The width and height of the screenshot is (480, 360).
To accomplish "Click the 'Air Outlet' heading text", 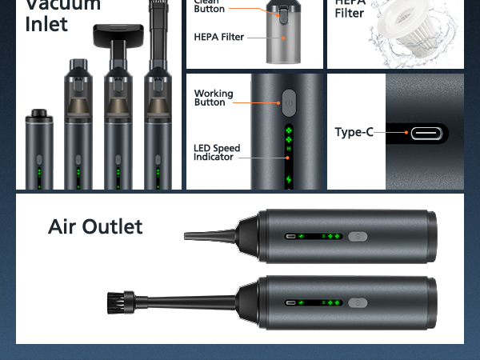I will click(x=95, y=226).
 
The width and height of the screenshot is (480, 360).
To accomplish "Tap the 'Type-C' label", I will click(x=354, y=132).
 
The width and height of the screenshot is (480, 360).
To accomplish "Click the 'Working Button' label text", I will click(x=214, y=98).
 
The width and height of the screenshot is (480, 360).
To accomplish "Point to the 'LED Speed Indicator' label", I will click(x=214, y=152).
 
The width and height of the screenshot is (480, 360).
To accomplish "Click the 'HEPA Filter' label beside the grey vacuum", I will click(x=218, y=37).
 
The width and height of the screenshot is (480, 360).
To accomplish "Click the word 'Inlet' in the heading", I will click(x=47, y=24).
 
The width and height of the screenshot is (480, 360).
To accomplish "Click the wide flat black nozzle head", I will click(x=117, y=34).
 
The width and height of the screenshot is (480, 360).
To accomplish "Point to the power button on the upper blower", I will click(x=358, y=237).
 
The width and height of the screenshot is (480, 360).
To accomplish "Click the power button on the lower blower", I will click(x=358, y=304).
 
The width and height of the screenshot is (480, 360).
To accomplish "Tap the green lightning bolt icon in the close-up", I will click(x=289, y=178).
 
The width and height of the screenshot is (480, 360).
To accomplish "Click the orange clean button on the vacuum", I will click(x=282, y=14).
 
